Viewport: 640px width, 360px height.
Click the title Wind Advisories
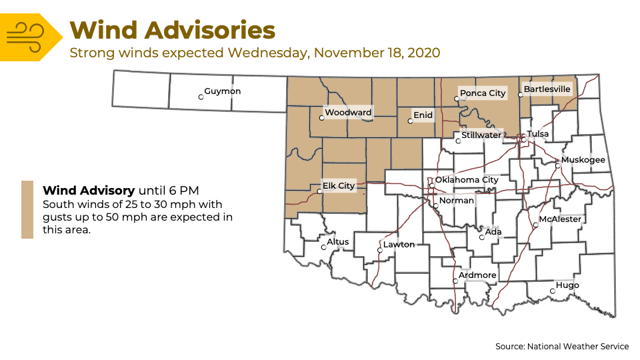click(x=172, y=30)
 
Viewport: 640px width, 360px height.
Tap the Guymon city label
click(x=223, y=91)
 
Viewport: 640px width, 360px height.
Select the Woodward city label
click(x=348, y=113)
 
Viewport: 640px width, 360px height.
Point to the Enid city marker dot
click(x=410, y=121)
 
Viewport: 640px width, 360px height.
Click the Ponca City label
click(x=483, y=93)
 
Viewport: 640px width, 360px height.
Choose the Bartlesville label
click(x=547, y=89)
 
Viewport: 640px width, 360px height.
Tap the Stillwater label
click(x=481, y=135)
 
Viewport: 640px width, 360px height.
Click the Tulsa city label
click(x=538, y=134)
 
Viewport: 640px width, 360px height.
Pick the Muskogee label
click(x=583, y=160)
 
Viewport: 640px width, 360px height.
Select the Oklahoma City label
click(x=467, y=180)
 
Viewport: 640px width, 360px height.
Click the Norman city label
click(x=457, y=201)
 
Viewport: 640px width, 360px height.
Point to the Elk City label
click(x=339, y=186)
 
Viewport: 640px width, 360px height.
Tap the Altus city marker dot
click(x=323, y=247)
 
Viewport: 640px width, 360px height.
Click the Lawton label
click(x=399, y=245)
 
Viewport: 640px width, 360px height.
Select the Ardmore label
click(x=477, y=275)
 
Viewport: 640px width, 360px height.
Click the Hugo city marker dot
click(x=552, y=291)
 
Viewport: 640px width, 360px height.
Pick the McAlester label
click(x=560, y=219)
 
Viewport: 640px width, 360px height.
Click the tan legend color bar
click(x=27, y=209)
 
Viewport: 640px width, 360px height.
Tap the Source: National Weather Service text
click(x=562, y=347)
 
